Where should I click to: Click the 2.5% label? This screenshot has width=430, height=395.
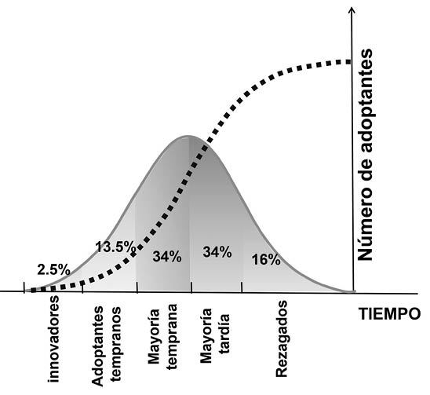point(53,269)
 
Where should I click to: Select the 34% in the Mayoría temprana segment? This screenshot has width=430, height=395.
point(167,256)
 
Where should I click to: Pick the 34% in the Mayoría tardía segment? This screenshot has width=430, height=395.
point(217,252)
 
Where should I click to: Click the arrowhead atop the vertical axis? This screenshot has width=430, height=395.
point(354,12)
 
